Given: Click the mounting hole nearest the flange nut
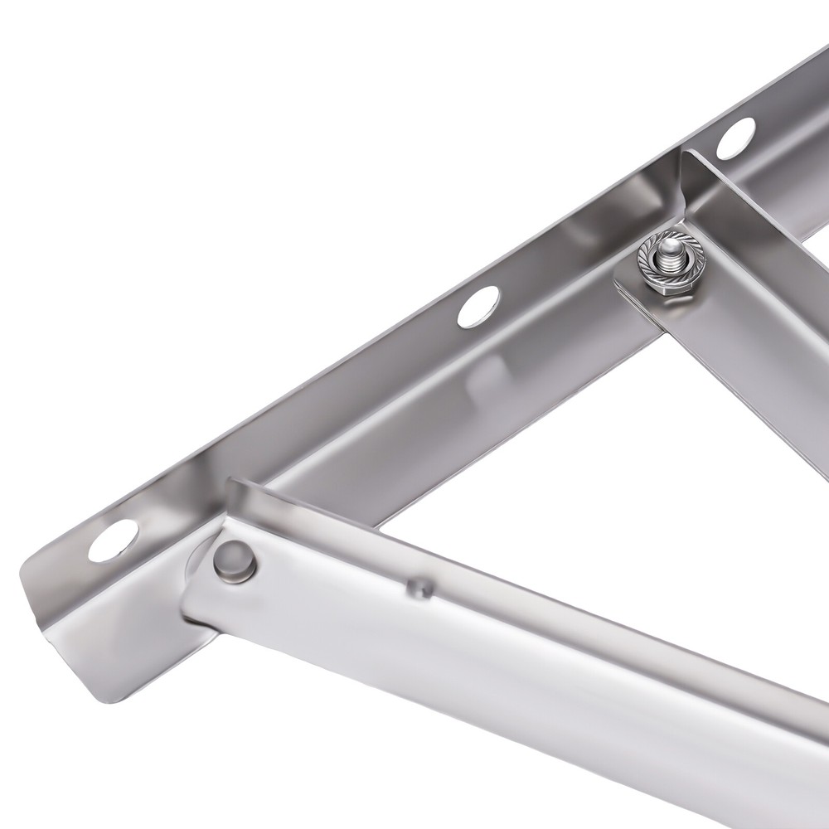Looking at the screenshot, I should (x=735, y=138).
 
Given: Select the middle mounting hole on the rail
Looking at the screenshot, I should (x=478, y=307).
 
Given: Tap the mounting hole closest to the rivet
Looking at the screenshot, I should (x=114, y=540).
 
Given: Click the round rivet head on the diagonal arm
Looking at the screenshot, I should (x=235, y=560).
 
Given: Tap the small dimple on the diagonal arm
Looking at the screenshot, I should (x=419, y=588).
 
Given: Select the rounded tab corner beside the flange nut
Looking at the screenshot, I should (x=623, y=286).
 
